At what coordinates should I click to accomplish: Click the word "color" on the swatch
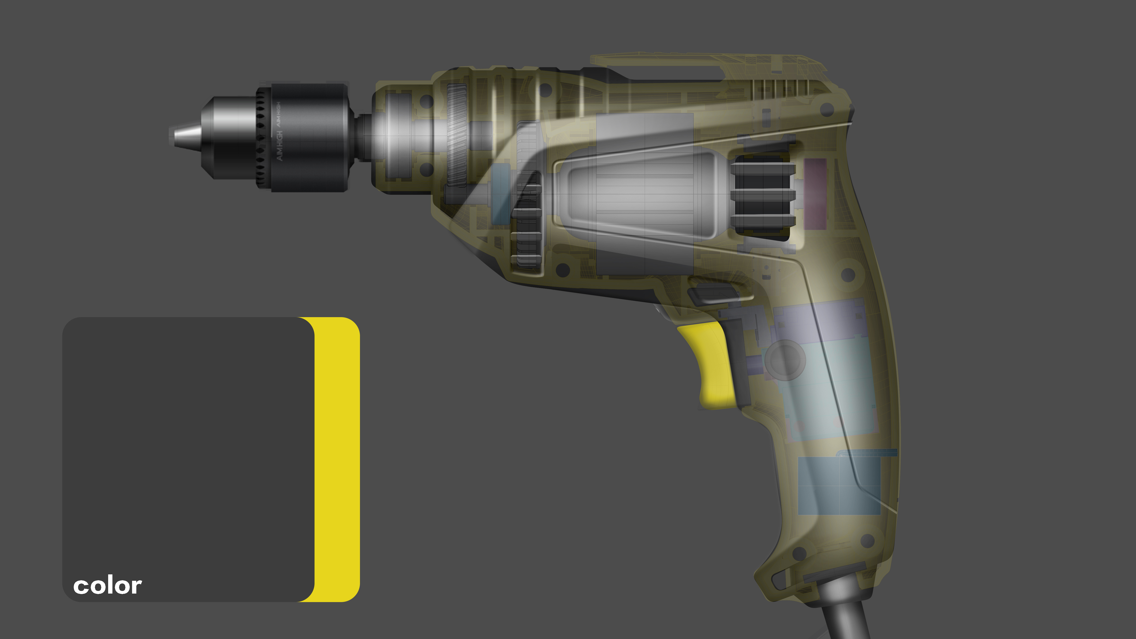click(107, 586)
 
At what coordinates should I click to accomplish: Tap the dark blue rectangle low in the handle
click(838, 485)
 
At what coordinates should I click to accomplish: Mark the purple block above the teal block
click(816, 322)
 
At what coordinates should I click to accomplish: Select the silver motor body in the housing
click(639, 194)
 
